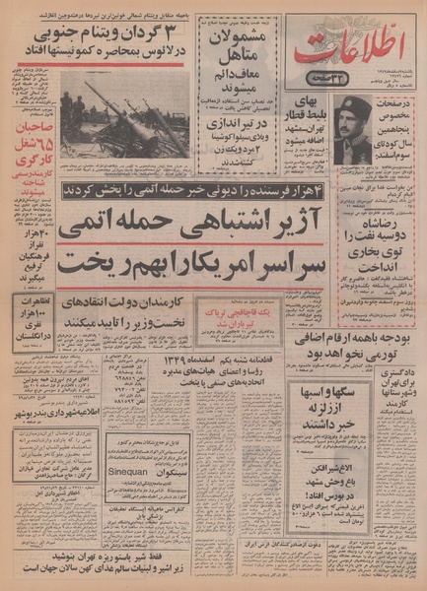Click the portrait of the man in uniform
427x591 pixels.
[x=353, y=129]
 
